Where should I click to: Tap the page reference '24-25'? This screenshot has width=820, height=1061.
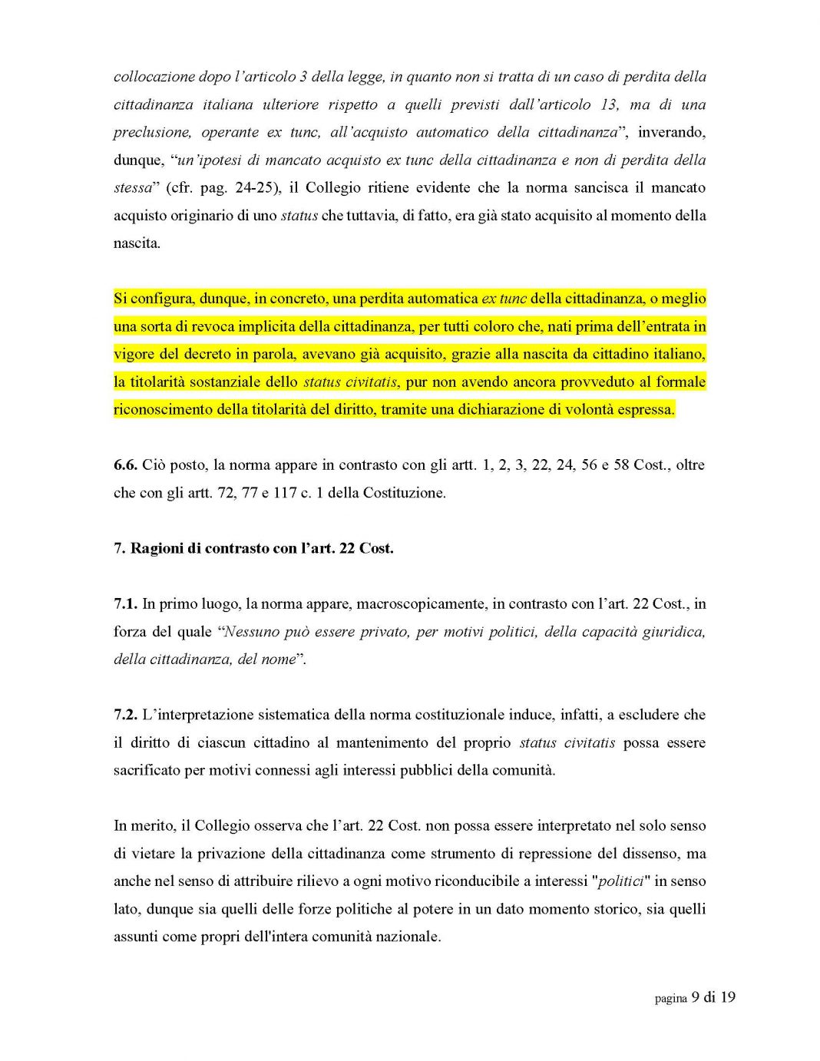(253, 187)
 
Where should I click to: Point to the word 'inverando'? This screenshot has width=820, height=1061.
(671, 132)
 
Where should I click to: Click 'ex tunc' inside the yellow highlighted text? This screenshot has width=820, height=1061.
(504, 299)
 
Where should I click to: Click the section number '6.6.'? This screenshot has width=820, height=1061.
(125, 464)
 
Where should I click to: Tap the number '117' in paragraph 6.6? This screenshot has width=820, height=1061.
(285, 492)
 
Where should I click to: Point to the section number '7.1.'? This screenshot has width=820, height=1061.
(125, 603)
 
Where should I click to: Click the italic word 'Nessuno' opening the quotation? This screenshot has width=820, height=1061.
(249, 631)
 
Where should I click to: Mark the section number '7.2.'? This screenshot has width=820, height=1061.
(125, 714)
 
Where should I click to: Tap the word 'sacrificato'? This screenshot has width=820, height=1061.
(147, 770)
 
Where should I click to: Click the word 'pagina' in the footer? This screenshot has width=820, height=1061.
(670, 998)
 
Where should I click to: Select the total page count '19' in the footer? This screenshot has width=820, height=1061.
(728, 997)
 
